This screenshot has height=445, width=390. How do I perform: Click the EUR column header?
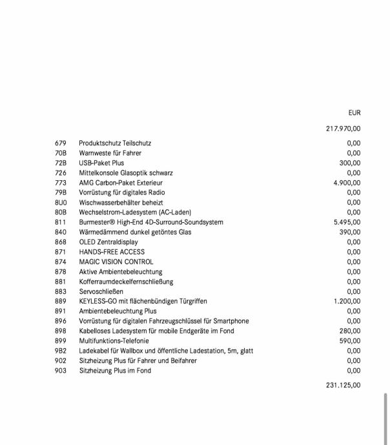(x=354, y=112)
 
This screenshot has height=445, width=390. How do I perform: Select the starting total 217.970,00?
(x=344, y=129)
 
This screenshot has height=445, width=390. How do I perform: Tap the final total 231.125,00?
(x=344, y=386)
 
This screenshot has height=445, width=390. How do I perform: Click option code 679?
(x=61, y=143)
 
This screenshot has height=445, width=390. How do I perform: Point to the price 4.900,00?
(x=347, y=183)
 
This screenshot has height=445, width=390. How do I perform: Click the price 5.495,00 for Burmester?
(x=347, y=222)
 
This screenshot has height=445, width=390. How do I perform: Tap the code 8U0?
(x=61, y=203)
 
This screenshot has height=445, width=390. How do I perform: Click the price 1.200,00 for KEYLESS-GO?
(x=347, y=302)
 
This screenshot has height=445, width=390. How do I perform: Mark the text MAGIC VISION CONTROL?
(x=116, y=262)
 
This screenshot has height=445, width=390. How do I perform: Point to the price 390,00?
(x=350, y=232)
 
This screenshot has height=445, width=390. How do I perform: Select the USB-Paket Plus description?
(x=101, y=163)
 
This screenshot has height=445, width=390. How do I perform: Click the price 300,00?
(x=350, y=163)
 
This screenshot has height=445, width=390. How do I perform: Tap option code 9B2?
(x=61, y=351)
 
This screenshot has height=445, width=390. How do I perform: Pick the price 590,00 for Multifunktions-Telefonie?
(x=350, y=341)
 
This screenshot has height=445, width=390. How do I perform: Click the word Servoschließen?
(x=101, y=292)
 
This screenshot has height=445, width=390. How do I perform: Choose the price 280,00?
(x=350, y=331)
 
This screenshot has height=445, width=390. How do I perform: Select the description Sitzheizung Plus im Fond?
(x=115, y=371)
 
